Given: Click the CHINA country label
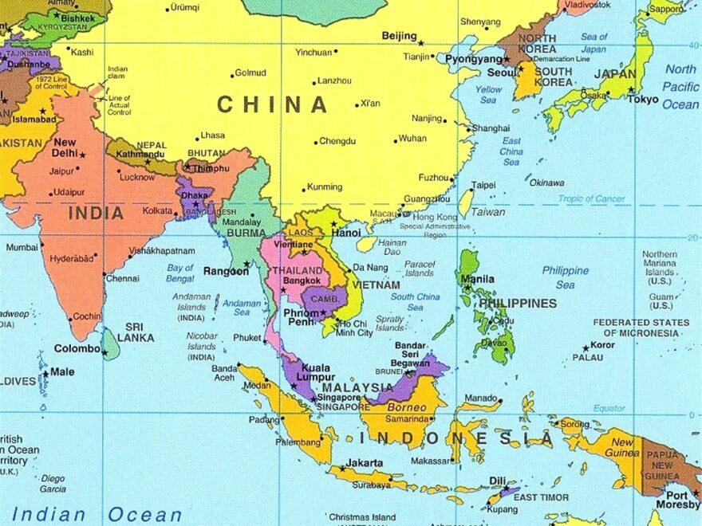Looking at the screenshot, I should [x=272, y=104].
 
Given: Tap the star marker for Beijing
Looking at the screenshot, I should [x=421, y=42].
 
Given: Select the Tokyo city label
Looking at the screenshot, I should [x=643, y=100].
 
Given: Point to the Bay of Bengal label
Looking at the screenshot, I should [x=180, y=273].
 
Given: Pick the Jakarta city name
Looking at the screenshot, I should [x=365, y=463].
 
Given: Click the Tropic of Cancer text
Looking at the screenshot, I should [x=591, y=198].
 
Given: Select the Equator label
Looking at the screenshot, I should [x=609, y=408].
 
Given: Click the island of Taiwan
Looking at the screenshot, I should [x=466, y=203].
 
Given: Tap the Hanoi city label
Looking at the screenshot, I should [x=346, y=233].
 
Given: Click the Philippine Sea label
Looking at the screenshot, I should [x=565, y=277].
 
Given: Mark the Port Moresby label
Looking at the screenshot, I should [x=678, y=499].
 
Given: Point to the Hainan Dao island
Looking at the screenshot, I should [x=367, y=243].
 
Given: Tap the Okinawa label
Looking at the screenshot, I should [x=546, y=183].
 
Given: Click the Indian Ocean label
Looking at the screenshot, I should [x=97, y=514].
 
